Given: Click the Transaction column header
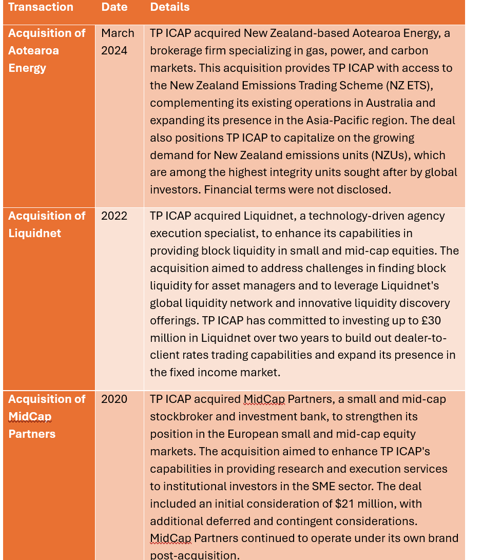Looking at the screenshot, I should click(x=41, y=7).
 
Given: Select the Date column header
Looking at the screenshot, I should click(x=114, y=7).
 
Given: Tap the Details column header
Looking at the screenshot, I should click(x=170, y=7).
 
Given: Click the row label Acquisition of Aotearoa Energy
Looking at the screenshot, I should click(x=47, y=50).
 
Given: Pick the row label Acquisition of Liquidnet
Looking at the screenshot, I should click(x=47, y=224).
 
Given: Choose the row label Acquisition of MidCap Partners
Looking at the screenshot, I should click(x=47, y=416).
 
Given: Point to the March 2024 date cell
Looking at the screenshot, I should click(x=118, y=42).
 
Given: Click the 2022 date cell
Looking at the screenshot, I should click(x=114, y=216).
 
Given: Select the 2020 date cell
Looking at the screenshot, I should click(x=114, y=399).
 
